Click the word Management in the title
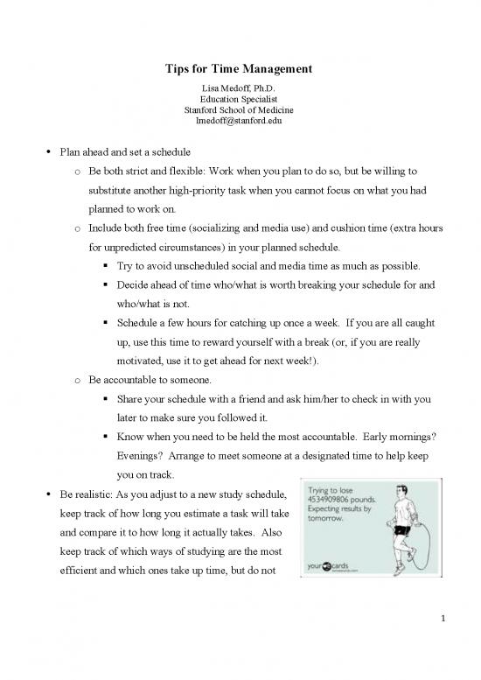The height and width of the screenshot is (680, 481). [275, 68]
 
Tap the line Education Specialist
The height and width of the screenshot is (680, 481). [240, 99]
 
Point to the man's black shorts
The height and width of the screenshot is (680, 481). [403, 529]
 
